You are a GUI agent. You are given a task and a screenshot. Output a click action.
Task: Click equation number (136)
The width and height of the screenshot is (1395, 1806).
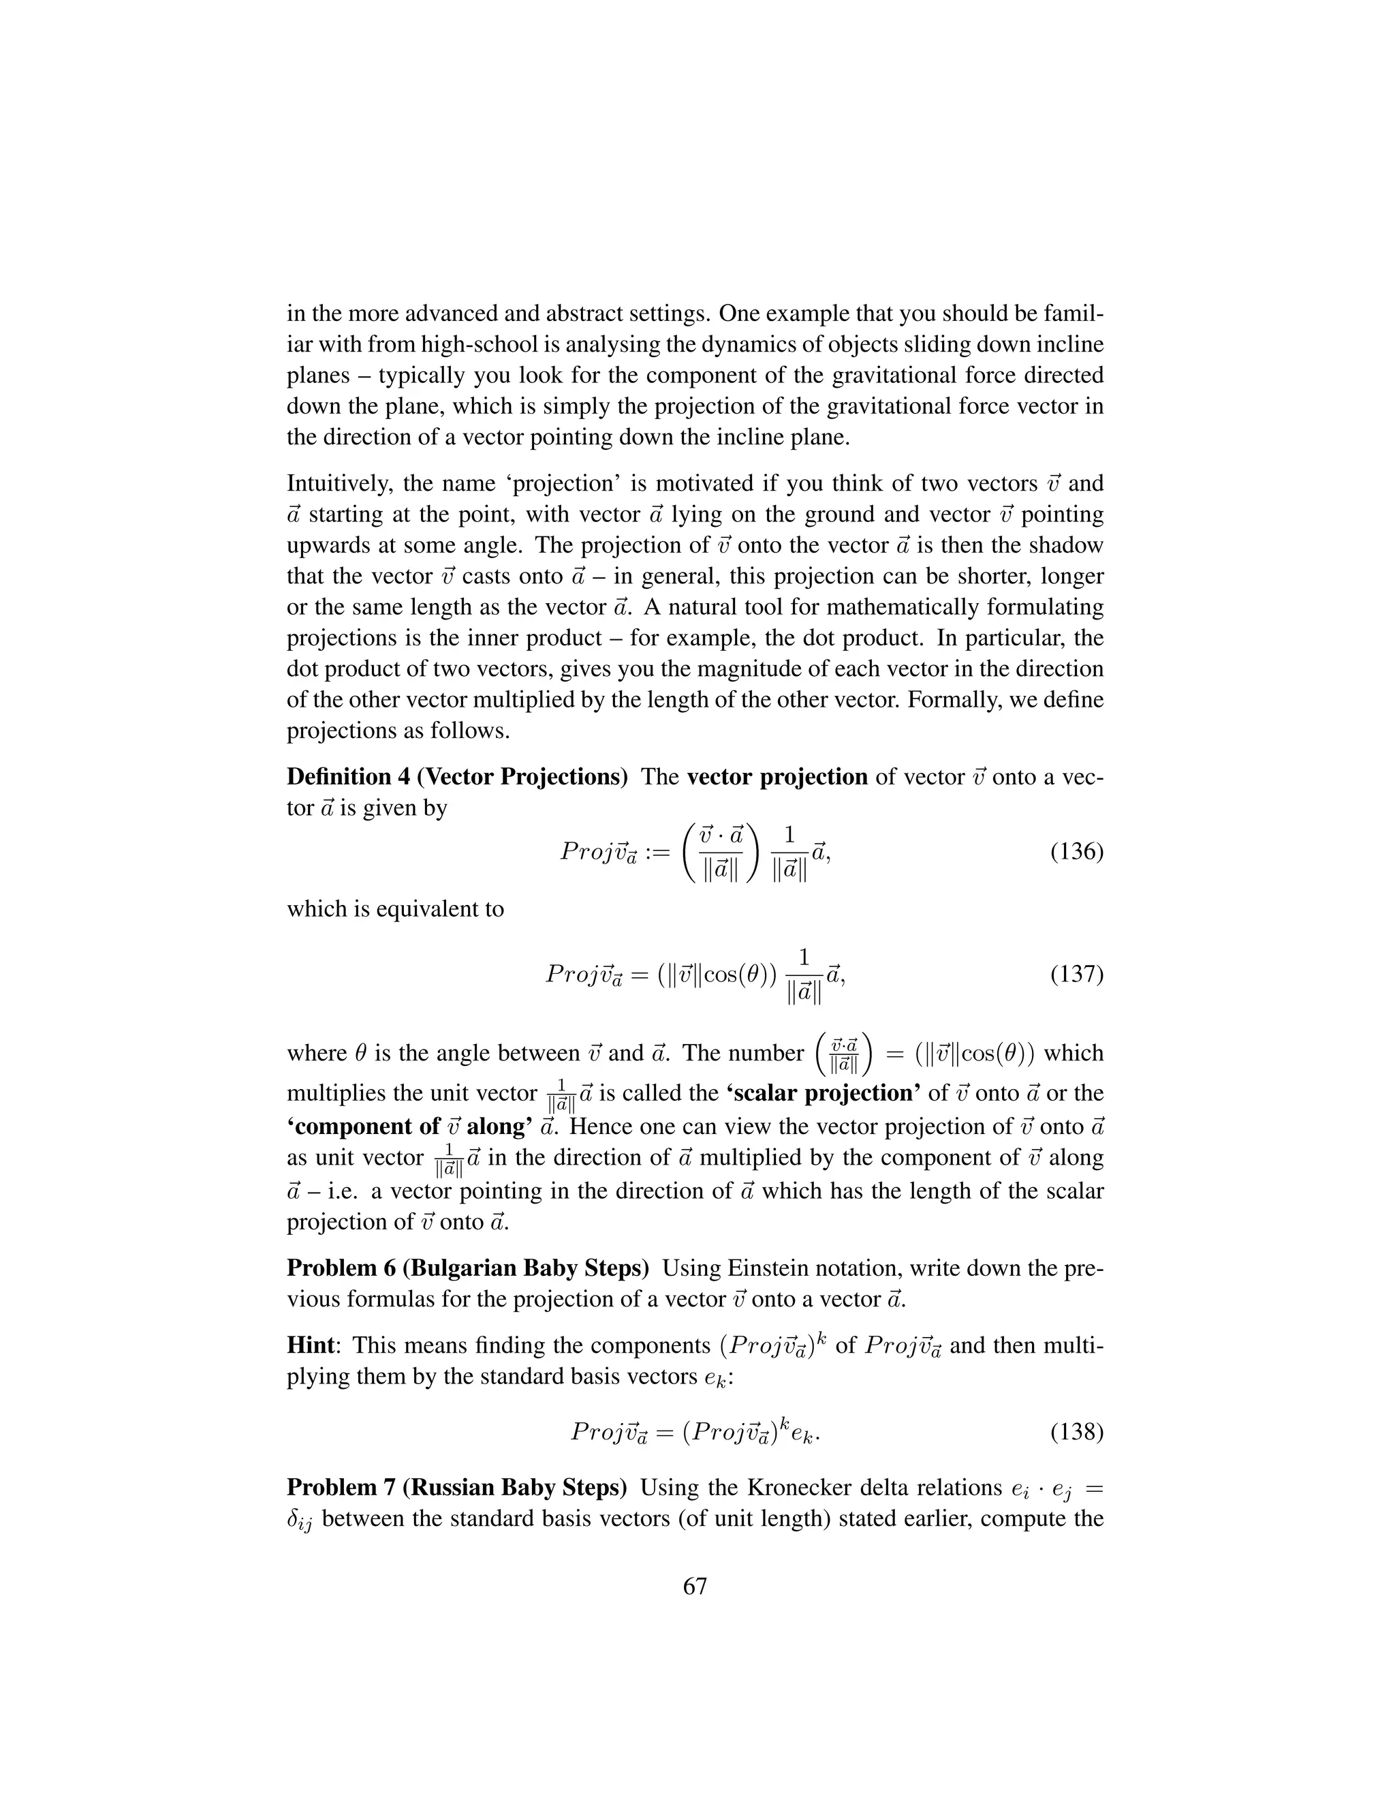1076,852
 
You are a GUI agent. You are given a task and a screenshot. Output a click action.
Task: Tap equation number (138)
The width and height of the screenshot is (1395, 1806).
1076,1431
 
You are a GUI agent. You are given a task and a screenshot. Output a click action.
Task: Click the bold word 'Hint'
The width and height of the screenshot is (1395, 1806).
311,1346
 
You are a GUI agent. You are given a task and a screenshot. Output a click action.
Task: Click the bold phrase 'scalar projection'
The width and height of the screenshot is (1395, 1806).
825,1093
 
